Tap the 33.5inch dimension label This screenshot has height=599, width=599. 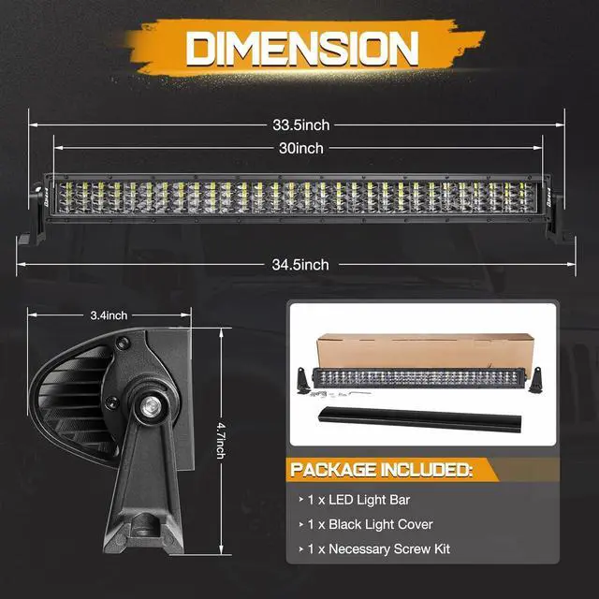[300, 124]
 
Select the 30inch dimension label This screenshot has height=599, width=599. [300, 148]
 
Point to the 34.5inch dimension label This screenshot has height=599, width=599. [299, 265]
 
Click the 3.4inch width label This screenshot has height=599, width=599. [110, 315]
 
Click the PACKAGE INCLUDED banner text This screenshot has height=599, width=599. [380, 468]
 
